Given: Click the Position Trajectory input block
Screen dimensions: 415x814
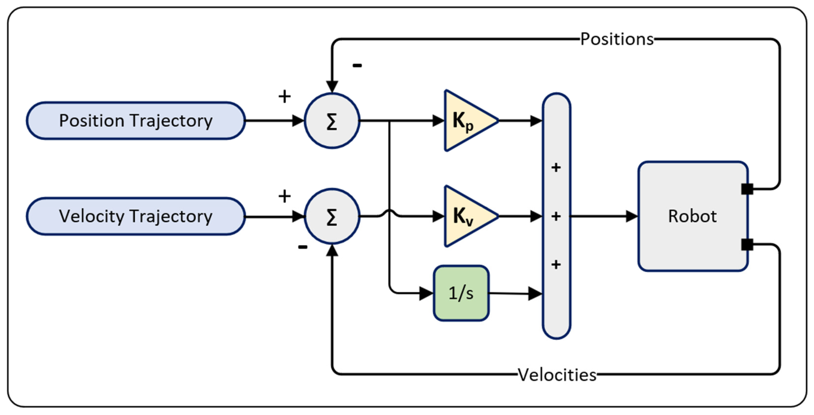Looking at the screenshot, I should pos(136,121).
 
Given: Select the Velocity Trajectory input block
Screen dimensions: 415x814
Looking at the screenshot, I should pos(136,217).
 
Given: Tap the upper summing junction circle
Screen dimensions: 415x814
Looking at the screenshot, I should pos(332,121).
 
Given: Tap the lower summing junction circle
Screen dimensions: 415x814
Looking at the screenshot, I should pos(332,217).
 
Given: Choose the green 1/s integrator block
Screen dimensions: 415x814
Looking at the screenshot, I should pos(461,293).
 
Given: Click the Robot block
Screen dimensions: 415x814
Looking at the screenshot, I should pos(692,217).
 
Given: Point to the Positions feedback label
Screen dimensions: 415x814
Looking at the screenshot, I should pos(617,39).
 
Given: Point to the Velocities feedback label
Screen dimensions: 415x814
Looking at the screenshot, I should pos(557,375).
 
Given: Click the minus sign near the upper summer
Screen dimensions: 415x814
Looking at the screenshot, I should pos(357,65).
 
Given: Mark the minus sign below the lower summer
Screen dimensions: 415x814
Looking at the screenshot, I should pos(303,247).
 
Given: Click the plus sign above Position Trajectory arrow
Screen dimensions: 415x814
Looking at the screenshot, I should pos(284,96).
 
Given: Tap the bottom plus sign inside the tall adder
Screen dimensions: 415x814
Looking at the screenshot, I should pos(556,264).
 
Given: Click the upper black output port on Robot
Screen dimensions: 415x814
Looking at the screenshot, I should pos(747,189).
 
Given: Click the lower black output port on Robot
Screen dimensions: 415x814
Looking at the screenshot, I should pos(747,244).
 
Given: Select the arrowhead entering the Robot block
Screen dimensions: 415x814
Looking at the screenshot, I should pos(632,217).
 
